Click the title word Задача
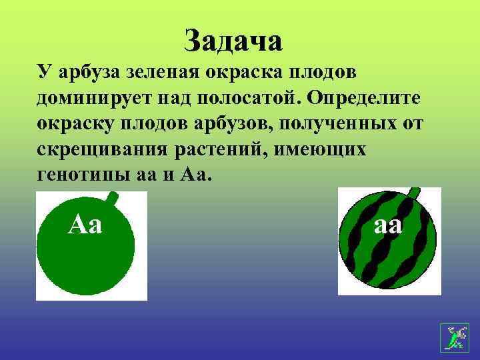point(233,41)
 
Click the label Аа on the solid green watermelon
point(85,224)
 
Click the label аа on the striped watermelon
point(388,224)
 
